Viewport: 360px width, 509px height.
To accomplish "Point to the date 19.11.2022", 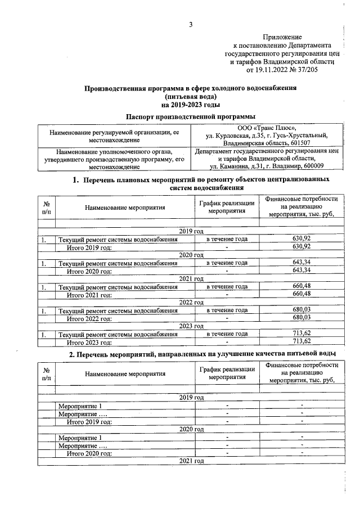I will tap(265, 70).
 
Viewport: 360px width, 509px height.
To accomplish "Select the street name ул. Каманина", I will tap(228, 166).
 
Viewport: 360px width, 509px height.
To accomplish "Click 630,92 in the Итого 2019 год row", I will tap(301, 246).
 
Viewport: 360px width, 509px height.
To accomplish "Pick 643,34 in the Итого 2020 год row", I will tap(301, 271).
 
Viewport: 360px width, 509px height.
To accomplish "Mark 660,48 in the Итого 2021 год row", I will tap(301, 294).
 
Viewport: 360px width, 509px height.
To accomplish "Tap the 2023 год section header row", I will tap(190, 326).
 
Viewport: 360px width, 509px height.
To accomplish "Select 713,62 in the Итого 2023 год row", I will tap(301, 342).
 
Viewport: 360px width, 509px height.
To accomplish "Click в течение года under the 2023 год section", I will tap(227, 334).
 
